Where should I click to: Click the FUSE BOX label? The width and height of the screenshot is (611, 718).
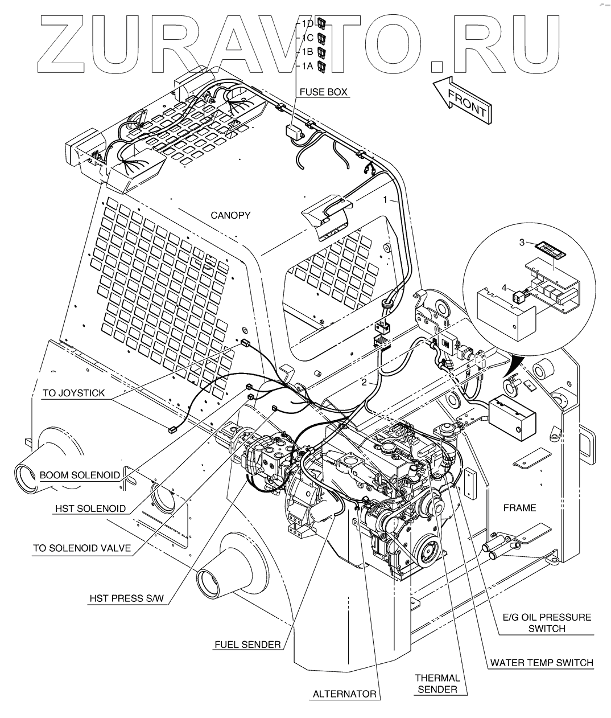coord(323,92)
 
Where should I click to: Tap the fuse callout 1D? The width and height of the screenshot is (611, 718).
coord(307,23)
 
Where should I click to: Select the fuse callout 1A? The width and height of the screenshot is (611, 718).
coord(307,65)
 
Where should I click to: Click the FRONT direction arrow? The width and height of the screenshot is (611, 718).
coord(462,100)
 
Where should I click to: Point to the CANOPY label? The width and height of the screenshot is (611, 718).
coord(230,215)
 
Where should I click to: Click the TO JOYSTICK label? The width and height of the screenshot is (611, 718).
coord(73,393)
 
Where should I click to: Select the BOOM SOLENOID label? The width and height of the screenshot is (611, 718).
coord(80,475)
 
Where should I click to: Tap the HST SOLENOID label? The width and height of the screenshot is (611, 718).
coord(90,508)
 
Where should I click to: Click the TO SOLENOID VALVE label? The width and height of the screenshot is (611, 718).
coord(82,548)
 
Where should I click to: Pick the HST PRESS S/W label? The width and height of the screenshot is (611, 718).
coord(126,598)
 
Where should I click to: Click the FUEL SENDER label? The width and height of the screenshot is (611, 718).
coord(247,645)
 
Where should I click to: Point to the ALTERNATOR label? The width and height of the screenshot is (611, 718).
coord(344,694)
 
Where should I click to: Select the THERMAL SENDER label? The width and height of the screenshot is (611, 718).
coord(437,684)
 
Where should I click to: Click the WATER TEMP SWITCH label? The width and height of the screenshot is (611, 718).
coord(542,663)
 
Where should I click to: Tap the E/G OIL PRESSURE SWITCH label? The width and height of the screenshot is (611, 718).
coord(547,623)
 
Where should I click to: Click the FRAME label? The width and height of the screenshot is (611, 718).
coord(519,508)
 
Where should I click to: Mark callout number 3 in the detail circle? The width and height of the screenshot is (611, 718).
coord(522,242)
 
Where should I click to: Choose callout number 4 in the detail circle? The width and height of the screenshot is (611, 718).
coord(504,288)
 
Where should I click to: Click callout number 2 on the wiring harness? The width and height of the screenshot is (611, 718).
coord(364,383)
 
